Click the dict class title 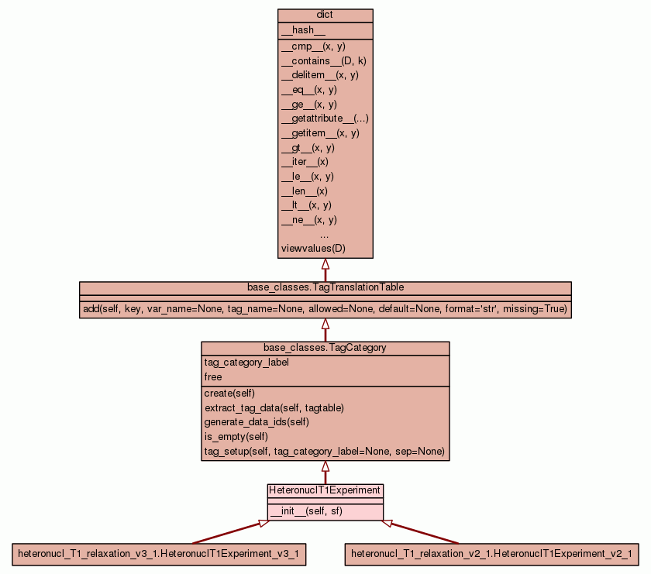(325, 15)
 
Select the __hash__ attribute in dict (298, 30)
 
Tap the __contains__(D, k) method (324, 61)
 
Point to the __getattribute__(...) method (325, 119)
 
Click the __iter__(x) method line (305, 162)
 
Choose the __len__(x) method (305, 191)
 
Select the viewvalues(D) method (313, 249)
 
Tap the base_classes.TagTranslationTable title (325, 287)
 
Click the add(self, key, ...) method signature (325, 309)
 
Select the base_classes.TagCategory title (325, 348)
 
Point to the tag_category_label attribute (246, 363)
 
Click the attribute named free (213, 377)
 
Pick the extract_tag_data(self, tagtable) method (274, 407)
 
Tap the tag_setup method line (324, 451)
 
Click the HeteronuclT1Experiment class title (325, 490)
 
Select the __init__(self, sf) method (306, 510)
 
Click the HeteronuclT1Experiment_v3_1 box (158, 554)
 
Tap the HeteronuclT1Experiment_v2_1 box (491, 554)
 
